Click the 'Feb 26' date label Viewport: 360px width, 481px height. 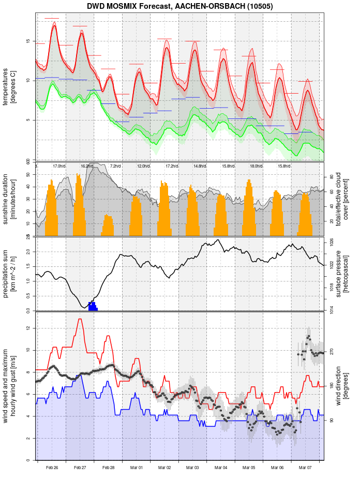(52, 468)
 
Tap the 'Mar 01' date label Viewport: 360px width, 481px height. (137, 468)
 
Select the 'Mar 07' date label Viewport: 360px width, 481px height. (306, 468)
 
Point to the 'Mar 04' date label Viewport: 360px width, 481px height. (221, 468)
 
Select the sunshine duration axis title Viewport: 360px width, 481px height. (9, 199)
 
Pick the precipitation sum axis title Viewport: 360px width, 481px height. (9, 273)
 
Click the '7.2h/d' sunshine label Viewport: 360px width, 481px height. (115, 166)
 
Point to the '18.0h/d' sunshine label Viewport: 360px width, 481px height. (256, 166)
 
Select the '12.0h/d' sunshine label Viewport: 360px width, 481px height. (143, 166)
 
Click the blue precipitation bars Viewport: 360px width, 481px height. (93, 306)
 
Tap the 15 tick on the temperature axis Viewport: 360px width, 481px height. (30, 40)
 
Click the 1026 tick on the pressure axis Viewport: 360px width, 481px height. (333, 242)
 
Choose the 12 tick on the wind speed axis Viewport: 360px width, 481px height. (30, 328)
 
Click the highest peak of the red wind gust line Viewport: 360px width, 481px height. (80, 319)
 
